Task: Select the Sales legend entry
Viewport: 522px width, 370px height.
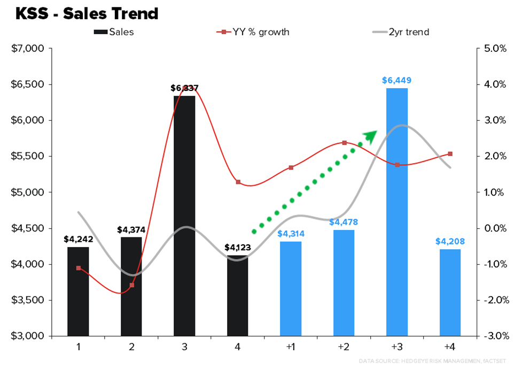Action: click(x=113, y=32)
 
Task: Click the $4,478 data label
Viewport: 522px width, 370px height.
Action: click(x=344, y=222)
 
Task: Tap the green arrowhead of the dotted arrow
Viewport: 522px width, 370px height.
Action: click(x=371, y=135)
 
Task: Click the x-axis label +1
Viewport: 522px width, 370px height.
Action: click(x=291, y=347)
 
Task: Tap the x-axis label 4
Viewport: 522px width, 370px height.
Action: click(x=237, y=347)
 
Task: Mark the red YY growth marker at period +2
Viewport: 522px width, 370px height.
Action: click(x=344, y=143)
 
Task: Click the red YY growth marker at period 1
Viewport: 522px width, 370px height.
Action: click(x=79, y=268)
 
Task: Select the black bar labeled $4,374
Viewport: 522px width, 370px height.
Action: click(x=131, y=286)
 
